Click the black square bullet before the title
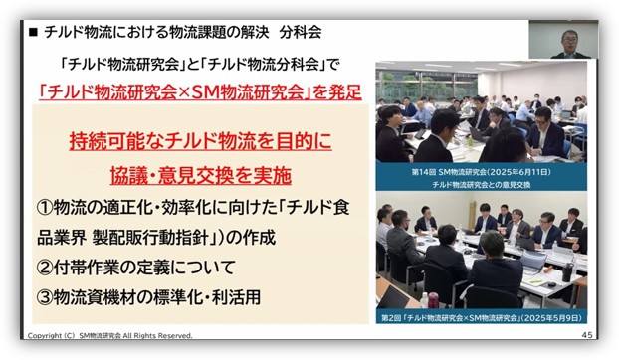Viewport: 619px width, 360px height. point(33,33)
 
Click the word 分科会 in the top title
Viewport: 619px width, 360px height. point(300,32)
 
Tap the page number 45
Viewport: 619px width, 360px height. point(587,335)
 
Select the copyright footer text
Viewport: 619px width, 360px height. point(109,335)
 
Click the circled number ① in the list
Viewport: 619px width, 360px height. point(44,208)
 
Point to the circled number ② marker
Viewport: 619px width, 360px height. point(44,268)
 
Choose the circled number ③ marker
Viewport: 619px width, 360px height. point(44,297)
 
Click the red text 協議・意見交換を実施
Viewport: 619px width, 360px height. point(201,175)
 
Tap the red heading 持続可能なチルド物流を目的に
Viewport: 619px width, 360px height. point(201,141)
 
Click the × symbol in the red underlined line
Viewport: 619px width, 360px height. point(185,93)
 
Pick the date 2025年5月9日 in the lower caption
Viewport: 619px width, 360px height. point(551,318)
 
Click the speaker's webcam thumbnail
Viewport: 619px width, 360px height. point(563,40)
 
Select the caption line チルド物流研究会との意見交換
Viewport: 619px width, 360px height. point(482,185)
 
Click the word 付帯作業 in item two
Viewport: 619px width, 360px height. point(86,268)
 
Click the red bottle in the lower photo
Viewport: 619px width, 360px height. point(433,300)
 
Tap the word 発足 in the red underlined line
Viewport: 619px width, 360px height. point(345,93)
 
